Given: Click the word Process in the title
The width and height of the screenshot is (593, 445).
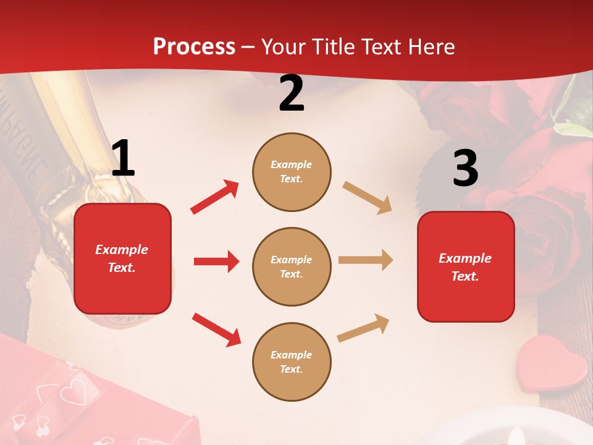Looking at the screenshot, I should point(194,47).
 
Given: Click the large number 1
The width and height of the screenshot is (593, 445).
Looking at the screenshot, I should point(123,159).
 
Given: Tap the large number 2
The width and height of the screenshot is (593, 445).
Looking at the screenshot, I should point(292,93).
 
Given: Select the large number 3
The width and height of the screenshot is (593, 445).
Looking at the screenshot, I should point(465,169).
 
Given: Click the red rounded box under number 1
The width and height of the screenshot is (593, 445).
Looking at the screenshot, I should point(122,258).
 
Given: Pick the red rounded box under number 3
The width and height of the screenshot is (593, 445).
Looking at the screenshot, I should point(466,266).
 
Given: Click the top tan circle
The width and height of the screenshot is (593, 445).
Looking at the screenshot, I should point(292,172).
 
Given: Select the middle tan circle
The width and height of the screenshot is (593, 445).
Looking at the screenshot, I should point(292,266).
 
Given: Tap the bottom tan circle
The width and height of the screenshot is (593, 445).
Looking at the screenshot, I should point(292,362).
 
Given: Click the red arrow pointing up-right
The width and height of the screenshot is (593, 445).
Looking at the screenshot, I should point(215,197).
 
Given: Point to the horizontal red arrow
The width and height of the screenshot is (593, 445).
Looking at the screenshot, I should point(216,261).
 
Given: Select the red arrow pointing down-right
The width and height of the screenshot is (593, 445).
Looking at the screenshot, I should point(216,329).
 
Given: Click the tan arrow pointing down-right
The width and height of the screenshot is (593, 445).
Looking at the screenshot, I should point(368,198).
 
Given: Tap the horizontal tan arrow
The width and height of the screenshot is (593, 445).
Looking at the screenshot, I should point(366,260).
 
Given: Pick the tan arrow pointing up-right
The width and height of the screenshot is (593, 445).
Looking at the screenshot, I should point(364,328).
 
